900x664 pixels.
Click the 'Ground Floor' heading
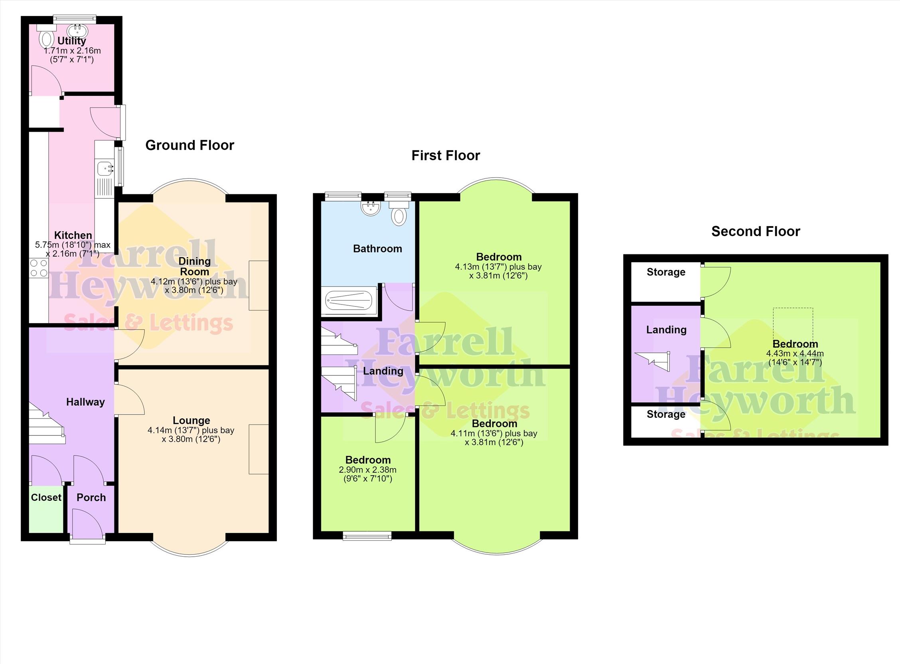coord(189,145)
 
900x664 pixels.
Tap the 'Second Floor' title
coord(756,231)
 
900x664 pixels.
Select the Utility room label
coord(71,41)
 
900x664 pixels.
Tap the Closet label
coord(46,497)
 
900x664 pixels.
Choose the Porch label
coord(91,497)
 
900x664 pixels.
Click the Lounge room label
coord(191,421)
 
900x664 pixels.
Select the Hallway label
coord(85,402)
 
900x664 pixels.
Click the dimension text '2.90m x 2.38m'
coord(368,469)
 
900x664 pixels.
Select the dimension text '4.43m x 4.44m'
coord(795,354)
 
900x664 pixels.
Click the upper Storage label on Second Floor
coord(666,272)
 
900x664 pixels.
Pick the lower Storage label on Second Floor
coord(666,414)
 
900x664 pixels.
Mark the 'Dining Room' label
coord(194,266)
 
